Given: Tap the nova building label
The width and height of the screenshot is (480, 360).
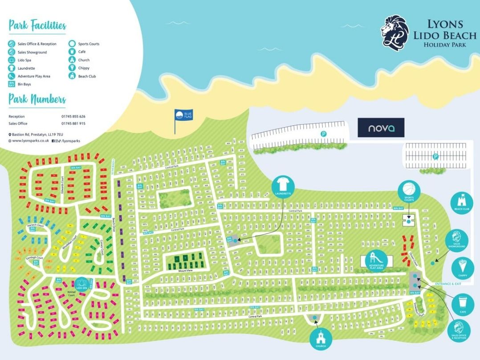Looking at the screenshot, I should click(x=381, y=128).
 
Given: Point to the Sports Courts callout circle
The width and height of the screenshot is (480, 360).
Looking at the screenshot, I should click(x=409, y=191).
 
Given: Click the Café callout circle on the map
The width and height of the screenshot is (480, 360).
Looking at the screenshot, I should click(x=462, y=305).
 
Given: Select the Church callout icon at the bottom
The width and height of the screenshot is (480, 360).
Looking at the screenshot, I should click(x=321, y=340).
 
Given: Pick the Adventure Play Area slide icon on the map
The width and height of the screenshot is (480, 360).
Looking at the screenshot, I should click(x=374, y=260).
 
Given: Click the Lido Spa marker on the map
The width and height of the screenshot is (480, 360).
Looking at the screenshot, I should click(x=81, y=283).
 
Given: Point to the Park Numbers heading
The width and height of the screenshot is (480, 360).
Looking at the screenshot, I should click(x=37, y=99).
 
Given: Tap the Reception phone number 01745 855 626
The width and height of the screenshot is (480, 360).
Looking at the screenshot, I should click(x=73, y=116).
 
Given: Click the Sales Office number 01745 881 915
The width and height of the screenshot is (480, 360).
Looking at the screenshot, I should click(x=73, y=123).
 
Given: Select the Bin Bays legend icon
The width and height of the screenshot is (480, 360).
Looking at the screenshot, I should click(x=12, y=84).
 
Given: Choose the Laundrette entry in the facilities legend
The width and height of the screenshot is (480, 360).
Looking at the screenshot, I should click(x=26, y=68).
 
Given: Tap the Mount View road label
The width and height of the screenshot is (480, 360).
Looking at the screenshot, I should click(x=185, y=271).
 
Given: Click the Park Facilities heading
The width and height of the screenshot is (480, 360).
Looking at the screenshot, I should click(x=37, y=25).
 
